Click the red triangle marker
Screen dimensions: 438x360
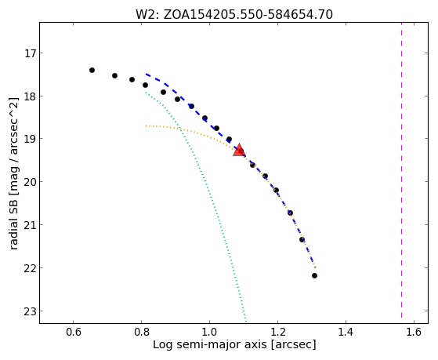239,151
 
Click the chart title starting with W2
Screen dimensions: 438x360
234,15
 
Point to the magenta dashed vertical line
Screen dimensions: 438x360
401,170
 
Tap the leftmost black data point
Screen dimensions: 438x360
92,71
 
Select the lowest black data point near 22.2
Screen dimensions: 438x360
314,276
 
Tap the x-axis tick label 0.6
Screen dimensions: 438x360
73,332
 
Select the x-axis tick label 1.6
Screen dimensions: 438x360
414,332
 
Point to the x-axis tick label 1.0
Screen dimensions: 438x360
209,332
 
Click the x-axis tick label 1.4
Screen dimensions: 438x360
346,332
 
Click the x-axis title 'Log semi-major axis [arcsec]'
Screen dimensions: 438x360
234,345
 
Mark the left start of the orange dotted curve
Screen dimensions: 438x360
146,125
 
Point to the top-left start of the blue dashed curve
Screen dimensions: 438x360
146,75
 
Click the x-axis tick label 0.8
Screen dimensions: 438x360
141,332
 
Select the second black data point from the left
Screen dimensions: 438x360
114,75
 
